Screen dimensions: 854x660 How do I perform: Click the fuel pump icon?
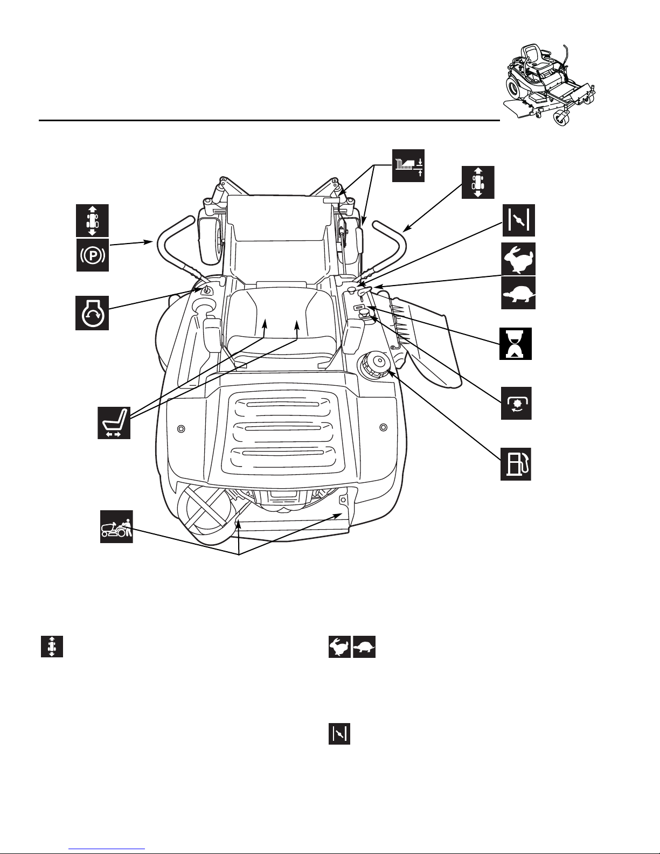click(x=516, y=463)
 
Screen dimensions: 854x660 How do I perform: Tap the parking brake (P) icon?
click(x=92, y=255)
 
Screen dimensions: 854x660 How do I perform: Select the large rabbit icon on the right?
click(x=518, y=259)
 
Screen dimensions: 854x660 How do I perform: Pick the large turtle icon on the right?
click(x=518, y=293)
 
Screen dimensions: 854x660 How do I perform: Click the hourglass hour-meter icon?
click(x=516, y=343)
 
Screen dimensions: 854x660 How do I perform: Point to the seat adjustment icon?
click(x=114, y=423)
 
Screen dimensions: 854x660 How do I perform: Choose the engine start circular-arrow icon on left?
click(x=92, y=313)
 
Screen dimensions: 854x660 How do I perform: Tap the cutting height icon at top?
click(x=408, y=165)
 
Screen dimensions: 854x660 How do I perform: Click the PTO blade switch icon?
click(x=516, y=403)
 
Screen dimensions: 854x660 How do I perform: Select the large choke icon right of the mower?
click(x=519, y=220)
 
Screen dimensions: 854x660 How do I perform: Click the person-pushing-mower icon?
click(x=116, y=526)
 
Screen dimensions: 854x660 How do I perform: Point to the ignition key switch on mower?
click(x=205, y=290)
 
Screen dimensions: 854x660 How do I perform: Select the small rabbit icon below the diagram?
click(x=340, y=647)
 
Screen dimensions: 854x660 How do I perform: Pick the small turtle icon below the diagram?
click(x=364, y=647)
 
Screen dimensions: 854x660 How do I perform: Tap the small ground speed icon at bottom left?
click(x=52, y=647)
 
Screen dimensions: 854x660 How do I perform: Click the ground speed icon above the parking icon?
click(x=92, y=220)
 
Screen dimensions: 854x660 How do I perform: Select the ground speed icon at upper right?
click(x=478, y=182)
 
